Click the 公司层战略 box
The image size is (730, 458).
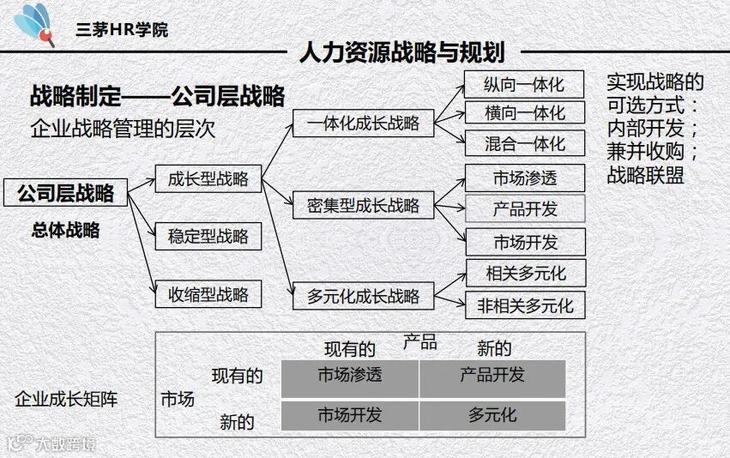(65, 193)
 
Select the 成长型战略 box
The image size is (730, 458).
(208, 178)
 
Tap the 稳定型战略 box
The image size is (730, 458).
(208, 236)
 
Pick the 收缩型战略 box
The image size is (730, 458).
(208, 294)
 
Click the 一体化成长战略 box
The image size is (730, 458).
(363, 123)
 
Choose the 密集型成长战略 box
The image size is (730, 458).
(363, 206)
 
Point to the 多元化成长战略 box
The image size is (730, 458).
(363, 296)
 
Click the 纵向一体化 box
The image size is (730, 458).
(524, 85)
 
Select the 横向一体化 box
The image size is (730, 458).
(524, 113)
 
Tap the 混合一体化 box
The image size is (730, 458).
(524, 142)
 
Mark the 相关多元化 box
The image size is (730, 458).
(525, 274)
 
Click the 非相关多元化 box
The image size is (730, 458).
(525, 304)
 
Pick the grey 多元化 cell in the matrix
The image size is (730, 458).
(492, 415)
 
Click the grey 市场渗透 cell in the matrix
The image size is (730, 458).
(350, 377)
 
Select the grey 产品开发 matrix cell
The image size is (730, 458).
(492, 377)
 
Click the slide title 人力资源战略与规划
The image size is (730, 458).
(401, 53)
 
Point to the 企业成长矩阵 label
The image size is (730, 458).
(66, 400)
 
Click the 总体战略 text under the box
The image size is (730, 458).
(65, 230)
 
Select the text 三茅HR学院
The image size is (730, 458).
(122, 29)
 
